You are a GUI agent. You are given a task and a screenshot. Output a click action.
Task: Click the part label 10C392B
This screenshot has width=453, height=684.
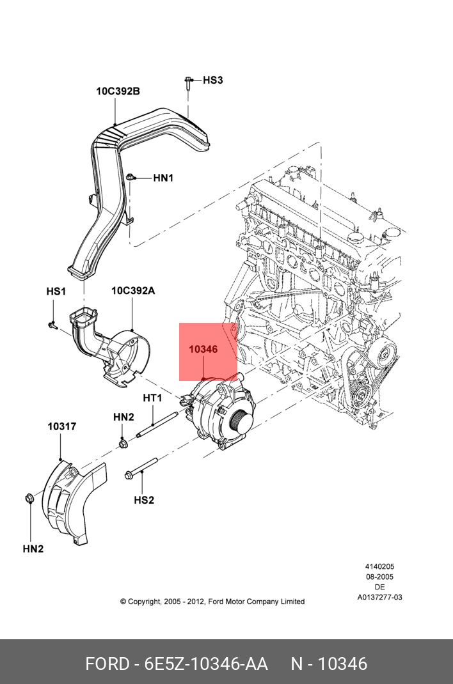click(118, 91)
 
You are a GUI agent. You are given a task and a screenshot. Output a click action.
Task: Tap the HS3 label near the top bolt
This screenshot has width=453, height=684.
click(213, 81)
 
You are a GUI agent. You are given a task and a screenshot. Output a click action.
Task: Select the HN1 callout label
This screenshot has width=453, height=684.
click(163, 178)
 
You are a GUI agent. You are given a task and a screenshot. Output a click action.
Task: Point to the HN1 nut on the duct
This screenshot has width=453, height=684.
click(131, 177)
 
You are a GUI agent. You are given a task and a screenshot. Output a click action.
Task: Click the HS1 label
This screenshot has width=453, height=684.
click(56, 291)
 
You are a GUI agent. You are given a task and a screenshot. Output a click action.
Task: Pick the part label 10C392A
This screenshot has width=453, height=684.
click(133, 291)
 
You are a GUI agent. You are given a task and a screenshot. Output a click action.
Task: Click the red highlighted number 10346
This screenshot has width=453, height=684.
click(203, 350)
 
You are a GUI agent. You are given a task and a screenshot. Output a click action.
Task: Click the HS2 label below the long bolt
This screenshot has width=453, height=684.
click(144, 500)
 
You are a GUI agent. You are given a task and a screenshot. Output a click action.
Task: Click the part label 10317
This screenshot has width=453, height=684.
click(62, 426)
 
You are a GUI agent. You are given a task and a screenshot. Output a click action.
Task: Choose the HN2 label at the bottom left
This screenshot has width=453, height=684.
click(33, 548)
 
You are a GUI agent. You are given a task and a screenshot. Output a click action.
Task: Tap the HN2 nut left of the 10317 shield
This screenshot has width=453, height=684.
click(28, 499)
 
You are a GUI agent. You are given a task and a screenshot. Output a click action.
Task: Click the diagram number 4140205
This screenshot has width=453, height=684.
click(379, 566)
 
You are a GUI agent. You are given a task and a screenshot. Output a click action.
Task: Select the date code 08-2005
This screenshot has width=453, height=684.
click(379, 577)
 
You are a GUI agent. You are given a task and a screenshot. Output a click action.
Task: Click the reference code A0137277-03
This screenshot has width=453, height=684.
click(379, 598)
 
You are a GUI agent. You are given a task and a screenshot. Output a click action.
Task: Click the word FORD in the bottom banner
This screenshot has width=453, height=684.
click(107, 664)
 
